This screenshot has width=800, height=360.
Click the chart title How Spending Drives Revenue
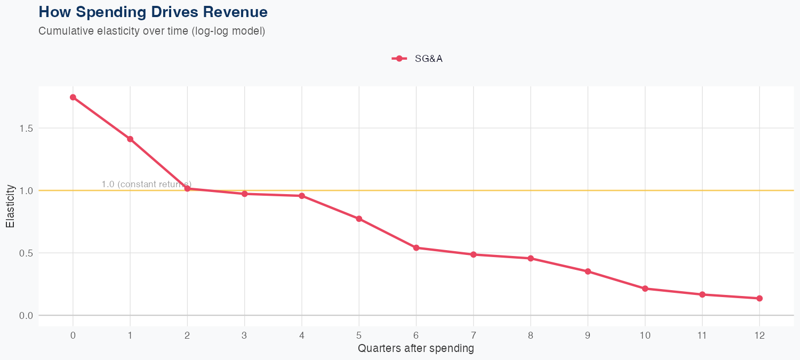153,12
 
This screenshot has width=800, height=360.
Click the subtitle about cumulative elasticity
151,31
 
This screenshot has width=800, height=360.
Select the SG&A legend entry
417,59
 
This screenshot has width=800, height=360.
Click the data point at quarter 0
73,97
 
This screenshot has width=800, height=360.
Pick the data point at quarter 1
130,139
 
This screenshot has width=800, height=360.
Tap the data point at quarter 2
187,188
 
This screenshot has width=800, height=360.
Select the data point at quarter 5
359,219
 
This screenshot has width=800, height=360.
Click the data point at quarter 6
416,247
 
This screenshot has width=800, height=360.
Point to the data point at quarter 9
588,271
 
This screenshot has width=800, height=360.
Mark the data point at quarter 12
759,298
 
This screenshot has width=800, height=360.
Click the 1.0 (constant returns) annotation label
146,184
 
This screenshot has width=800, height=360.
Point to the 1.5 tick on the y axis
26,129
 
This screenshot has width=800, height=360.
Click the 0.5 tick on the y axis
26,253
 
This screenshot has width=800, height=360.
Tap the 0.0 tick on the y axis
26,315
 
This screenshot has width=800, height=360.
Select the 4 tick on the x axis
302,335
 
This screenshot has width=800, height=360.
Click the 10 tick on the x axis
645,335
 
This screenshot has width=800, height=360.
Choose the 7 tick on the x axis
473,335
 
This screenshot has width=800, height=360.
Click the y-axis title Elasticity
10,206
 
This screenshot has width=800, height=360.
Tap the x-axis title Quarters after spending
416,349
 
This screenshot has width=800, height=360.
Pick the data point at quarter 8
531,258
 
